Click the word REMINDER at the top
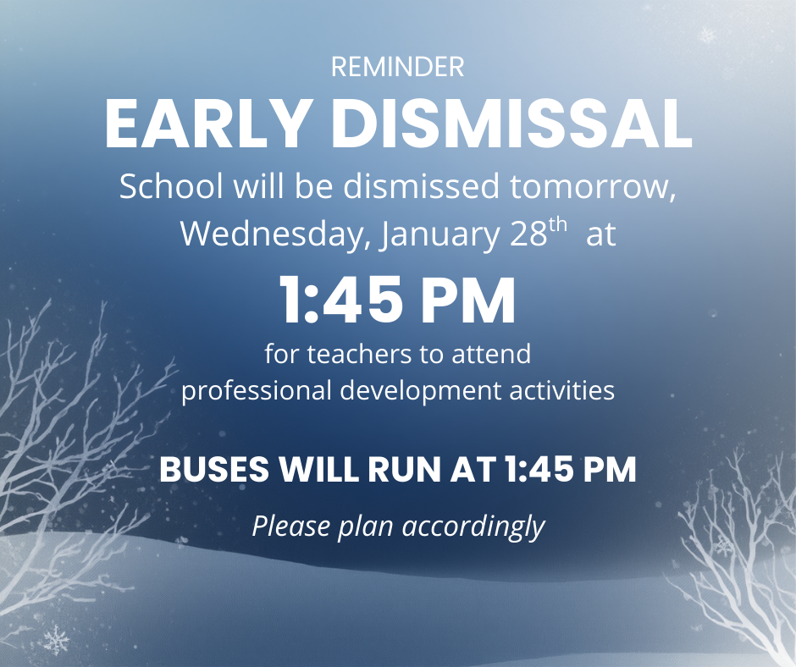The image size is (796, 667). pyautogui.click(x=398, y=67)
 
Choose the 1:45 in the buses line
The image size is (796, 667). pyautogui.click(x=536, y=471)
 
